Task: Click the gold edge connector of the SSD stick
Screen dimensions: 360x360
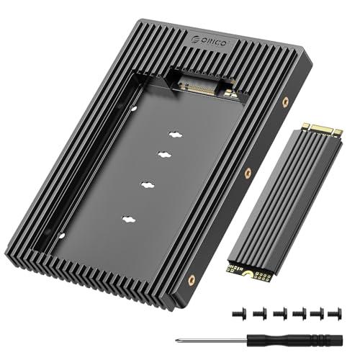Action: (320, 130)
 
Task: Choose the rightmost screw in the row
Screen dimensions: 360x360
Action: (333, 314)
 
